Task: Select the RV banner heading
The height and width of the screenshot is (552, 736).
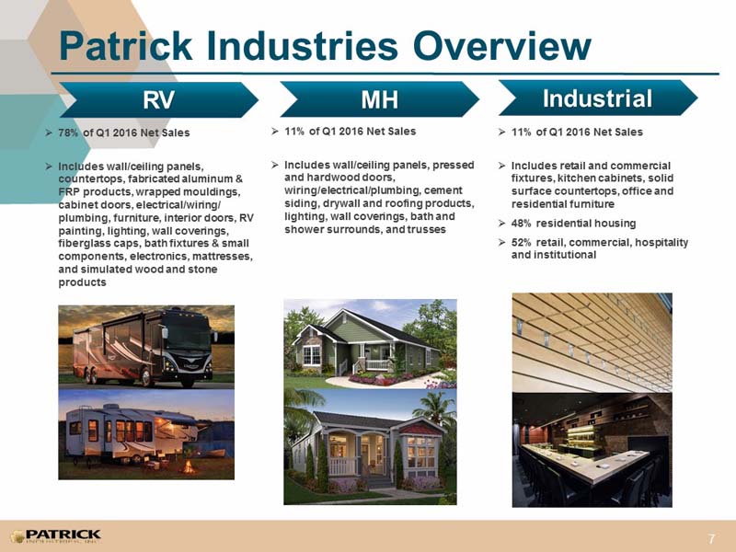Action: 158,99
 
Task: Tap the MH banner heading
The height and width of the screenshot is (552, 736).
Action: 379,99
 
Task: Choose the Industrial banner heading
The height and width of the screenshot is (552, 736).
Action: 597,98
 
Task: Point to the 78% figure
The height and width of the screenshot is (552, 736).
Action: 68,132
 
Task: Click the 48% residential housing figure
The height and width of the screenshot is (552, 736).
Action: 521,224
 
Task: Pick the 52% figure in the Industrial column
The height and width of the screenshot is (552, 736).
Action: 521,243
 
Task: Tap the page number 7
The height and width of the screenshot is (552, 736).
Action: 712,538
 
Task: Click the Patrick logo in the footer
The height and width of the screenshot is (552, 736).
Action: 55,536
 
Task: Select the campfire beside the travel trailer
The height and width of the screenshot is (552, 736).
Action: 189,466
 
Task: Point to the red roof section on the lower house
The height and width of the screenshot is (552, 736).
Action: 421,428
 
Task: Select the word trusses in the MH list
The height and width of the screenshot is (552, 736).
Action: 427,229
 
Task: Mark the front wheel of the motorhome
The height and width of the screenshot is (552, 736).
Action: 147,377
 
